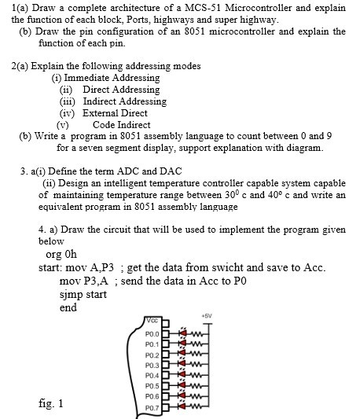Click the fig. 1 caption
[51, 403]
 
